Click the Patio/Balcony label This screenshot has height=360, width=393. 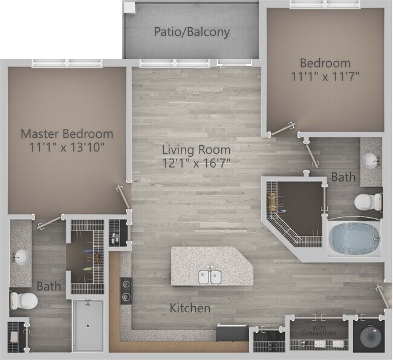(x=191, y=31)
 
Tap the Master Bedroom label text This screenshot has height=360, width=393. (x=67, y=134)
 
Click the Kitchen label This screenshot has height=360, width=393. (x=190, y=308)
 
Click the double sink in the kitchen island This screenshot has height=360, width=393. (x=210, y=277)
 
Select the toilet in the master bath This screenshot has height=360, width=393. (x=23, y=300)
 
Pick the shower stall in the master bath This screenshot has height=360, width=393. (x=88, y=325)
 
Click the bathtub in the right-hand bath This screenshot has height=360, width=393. (x=354, y=238)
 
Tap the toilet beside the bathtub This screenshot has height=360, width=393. (x=368, y=201)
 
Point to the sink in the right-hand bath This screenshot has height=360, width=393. (x=370, y=160)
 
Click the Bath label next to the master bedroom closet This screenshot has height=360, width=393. (x=48, y=286)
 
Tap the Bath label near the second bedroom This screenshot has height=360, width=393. (x=343, y=177)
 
